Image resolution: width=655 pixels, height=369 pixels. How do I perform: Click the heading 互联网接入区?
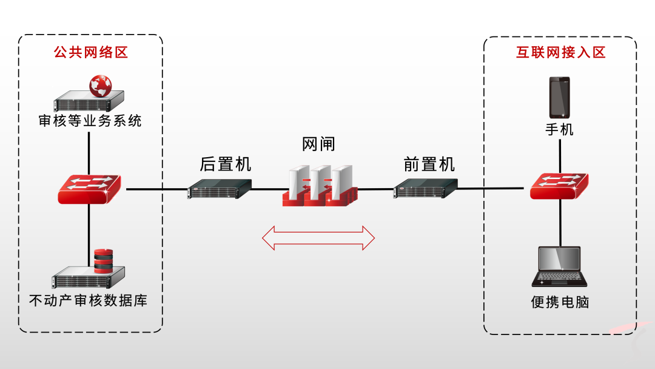pyautogui.click(x=560, y=52)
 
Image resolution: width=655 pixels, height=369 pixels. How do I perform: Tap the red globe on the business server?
pyautogui.click(x=101, y=86)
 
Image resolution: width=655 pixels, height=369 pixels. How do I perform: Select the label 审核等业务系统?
pyautogui.click(x=90, y=121)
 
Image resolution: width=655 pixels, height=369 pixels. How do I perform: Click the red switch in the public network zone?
pyautogui.click(x=89, y=189)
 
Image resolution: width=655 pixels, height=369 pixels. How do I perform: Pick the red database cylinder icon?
pyautogui.click(x=104, y=260)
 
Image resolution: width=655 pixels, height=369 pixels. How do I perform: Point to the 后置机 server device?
pyautogui.click(x=220, y=189)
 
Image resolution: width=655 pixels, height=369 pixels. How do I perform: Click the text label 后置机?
pyautogui.click(x=225, y=164)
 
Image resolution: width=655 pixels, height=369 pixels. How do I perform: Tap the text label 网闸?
pyautogui.click(x=318, y=144)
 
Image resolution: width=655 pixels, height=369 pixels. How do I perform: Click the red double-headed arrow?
pyautogui.click(x=318, y=238)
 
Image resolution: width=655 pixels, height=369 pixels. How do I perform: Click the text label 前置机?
pyautogui.click(x=429, y=164)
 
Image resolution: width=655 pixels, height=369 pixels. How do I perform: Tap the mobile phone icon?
pyautogui.click(x=559, y=97)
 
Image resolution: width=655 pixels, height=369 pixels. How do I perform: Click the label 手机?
pyautogui.click(x=559, y=129)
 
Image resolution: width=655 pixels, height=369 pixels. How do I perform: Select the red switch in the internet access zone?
pyautogui.click(x=559, y=185)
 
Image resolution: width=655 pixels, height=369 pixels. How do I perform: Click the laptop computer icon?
pyautogui.click(x=559, y=266)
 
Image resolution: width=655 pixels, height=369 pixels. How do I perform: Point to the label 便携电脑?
pyautogui.click(x=560, y=302)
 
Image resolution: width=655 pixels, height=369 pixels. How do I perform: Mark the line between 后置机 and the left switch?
pyautogui.click(x=156, y=189)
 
